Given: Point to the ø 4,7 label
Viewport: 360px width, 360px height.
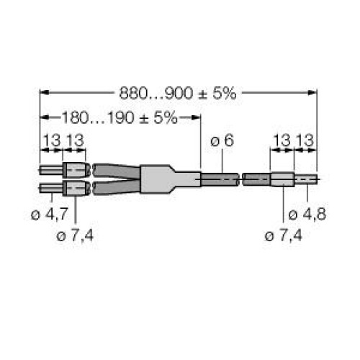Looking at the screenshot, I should point(50,215).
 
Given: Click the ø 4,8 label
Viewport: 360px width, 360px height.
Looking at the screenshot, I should point(303,215).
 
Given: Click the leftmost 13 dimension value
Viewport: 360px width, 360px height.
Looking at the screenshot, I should point(50,141).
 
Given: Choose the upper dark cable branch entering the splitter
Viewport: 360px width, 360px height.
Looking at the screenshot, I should point(115,171).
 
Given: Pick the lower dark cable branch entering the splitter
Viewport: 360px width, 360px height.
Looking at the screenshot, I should point(115,189).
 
